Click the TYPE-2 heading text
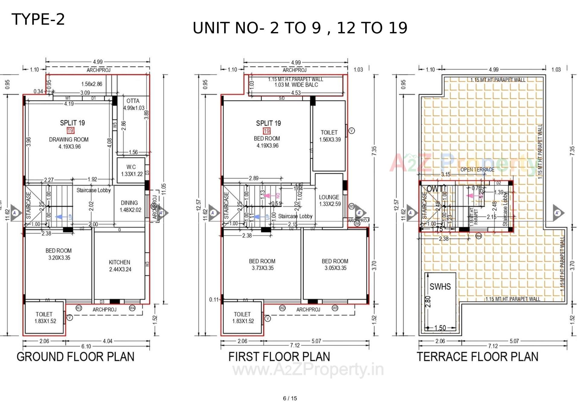click(x=38, y=19)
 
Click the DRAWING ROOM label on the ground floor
click(x=69, y=140)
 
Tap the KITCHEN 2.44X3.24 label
click(x=120, y=266)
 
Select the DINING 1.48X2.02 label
click(x=130, y=206)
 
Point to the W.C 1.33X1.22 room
click(x=131, y=170)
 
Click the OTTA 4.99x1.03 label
click(x=133, y=104)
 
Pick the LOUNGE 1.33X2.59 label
click(x=330, y=200)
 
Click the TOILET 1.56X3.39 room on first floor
click(x=329, y=136)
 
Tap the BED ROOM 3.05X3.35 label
click(x=335, y=264)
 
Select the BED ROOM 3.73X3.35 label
click(x=262, y=264)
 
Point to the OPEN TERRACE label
click(x=477, y=169)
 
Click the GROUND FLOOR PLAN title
click(x=75, y=357)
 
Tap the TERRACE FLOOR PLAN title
click(x=478, y=357)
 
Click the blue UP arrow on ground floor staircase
click(x=62, y=217)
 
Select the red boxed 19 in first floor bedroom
click(x=266, y=131)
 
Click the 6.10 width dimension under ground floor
click(x=86, y=346)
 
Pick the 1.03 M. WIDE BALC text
click(x=296, y=85)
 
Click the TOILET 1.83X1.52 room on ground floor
click(x=45, y=318)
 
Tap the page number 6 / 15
click(x=290, y=398)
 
